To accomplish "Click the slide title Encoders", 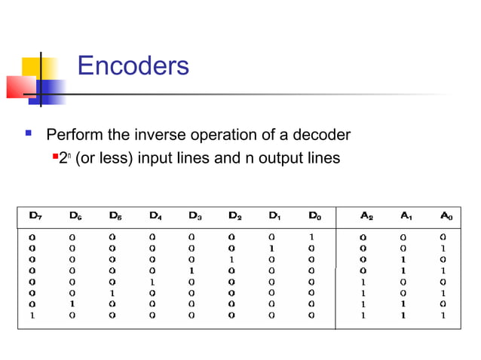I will point(133,66).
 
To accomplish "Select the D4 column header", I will point(155,215).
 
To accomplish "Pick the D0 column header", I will point(314,215).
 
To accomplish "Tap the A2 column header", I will point(366,215).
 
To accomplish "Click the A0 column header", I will point(446,215).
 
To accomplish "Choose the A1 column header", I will point(406,215).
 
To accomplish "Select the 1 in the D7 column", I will point(32,316).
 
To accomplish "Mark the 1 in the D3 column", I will point(191,270).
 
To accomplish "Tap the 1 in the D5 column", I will point(112,293).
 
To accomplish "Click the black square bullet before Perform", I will point(28,135).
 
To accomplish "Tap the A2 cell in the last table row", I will point(363,316).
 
